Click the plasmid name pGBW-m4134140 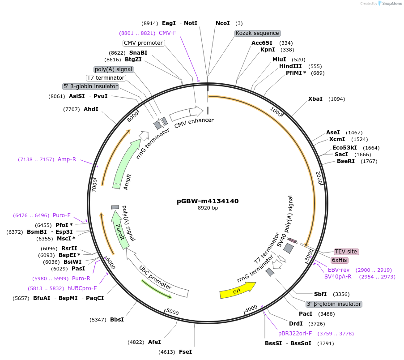tap(208, 201)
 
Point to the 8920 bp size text tap(208, 208)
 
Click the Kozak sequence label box tap(257, 33)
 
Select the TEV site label tap(346, 252)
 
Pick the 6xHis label tap(339, 260)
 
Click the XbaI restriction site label tap(315, 99)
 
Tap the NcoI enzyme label tap(222, 23)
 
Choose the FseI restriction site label tap(185, 352)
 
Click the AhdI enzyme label tap(91, 109)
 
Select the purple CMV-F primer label tap(167, 33)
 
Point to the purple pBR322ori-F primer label tap(295, 334)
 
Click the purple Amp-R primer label tap(67, 159)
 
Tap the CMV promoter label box tap(143, 43)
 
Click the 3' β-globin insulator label tap(333, 304)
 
